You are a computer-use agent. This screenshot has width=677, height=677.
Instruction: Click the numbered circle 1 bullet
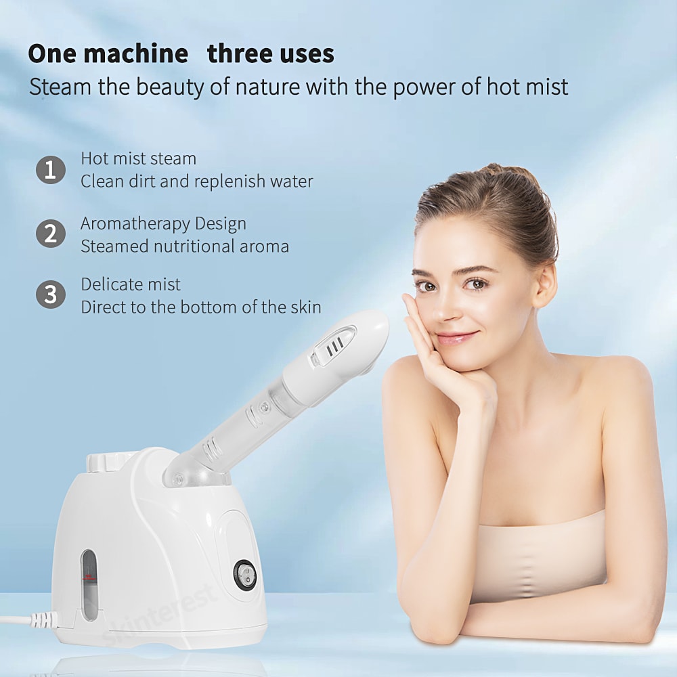(51, 170)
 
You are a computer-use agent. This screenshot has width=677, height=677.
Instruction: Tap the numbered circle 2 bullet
(51, 234)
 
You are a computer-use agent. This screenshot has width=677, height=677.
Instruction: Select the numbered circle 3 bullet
(51, 295)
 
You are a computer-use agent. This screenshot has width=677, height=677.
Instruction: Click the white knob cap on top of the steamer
(104, 460)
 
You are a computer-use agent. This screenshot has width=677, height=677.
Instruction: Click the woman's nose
(445, 308)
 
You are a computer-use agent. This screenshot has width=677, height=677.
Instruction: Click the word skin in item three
(305, 307)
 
